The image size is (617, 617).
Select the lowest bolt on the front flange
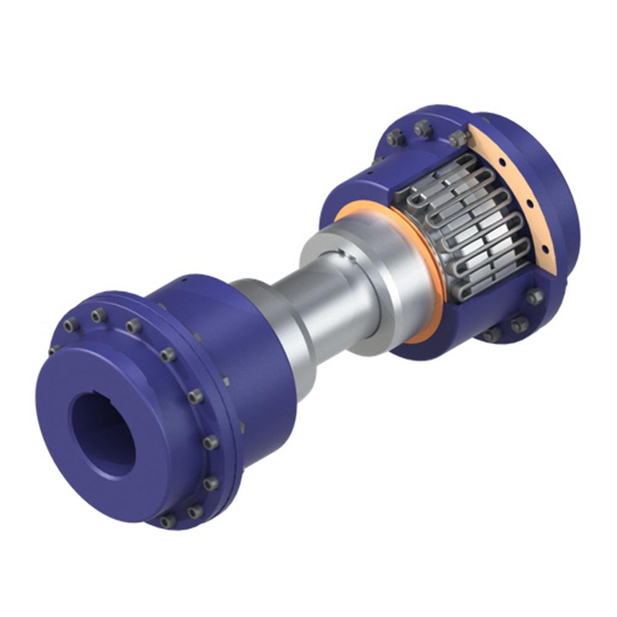[x=167, y=521]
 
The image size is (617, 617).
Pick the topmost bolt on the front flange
[x=99, y=316]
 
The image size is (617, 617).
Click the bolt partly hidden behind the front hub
[x=54, y=349]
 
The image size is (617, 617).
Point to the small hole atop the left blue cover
[x=184, y=279]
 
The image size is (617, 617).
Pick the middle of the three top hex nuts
[x=423, y=128]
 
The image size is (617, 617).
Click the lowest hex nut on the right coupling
[x=492, y=335]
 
